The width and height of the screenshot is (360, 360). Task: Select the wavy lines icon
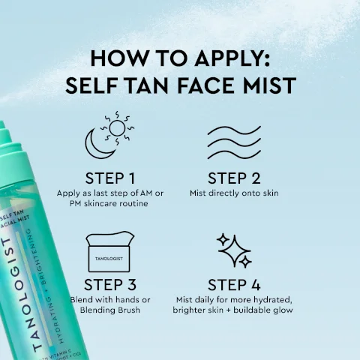(233, 142)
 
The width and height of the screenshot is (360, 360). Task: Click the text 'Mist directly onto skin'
(233, 193)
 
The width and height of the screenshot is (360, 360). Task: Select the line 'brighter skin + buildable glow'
(233, 310)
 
